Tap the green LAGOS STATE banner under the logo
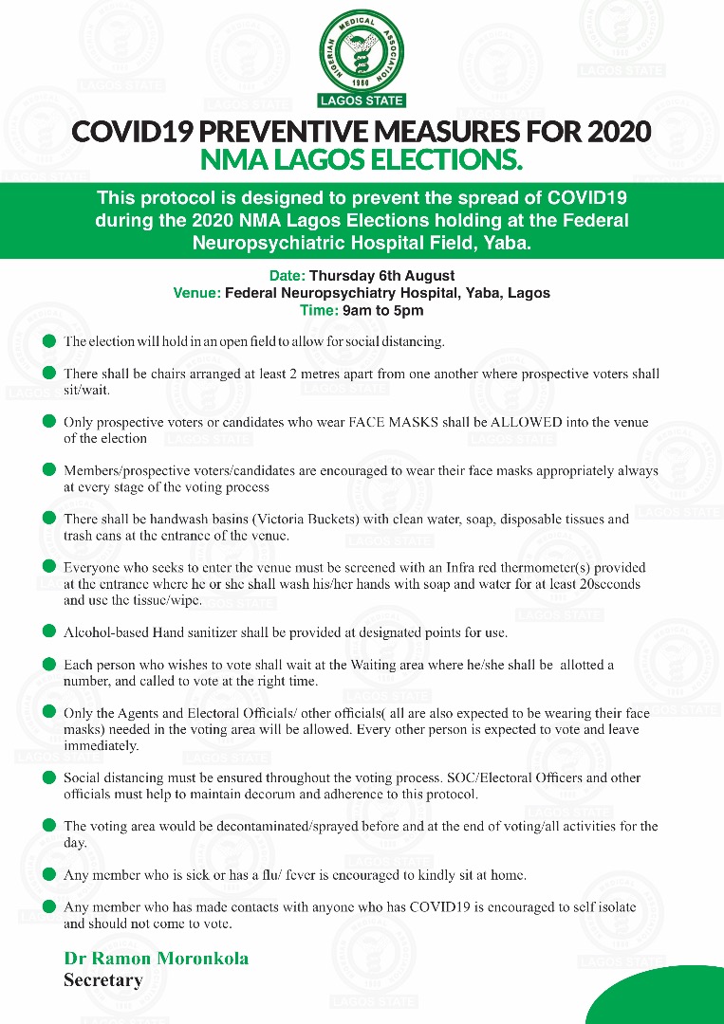click(362, 101)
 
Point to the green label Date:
click(287, 276)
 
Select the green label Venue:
click(196, 293)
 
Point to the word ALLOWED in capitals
click(514, 423)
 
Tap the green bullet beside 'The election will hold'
click(48, 340)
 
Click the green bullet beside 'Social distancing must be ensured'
click(48, 777)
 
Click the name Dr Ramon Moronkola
click(157, 959)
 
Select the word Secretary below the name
click(102, 980)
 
